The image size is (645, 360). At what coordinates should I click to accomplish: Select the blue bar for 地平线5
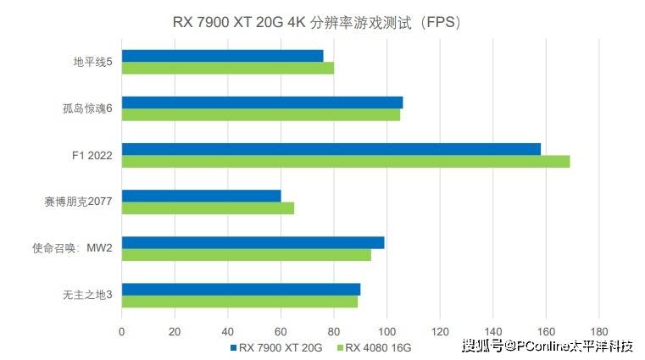pos(222,55)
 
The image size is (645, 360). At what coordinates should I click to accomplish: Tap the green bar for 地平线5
pos(227,68)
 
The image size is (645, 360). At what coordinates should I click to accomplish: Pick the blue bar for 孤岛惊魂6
pos(262,102)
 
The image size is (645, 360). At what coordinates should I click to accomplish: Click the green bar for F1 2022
pos(345,162)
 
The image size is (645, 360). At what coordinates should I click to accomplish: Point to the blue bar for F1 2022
pos(331,149)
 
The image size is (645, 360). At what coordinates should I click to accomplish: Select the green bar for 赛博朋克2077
pos(208,208)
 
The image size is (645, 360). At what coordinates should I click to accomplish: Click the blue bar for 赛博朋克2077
pos(201,196)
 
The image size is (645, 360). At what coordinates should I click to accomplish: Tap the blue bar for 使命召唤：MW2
pos(253,242)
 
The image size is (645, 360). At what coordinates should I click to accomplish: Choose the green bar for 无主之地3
pos(239,302)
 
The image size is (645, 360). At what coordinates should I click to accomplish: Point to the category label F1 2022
pos(92,155)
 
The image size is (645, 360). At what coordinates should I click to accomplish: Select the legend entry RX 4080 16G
pos(376,347)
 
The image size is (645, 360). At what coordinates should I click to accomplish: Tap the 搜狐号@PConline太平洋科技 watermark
pos(547,345)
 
